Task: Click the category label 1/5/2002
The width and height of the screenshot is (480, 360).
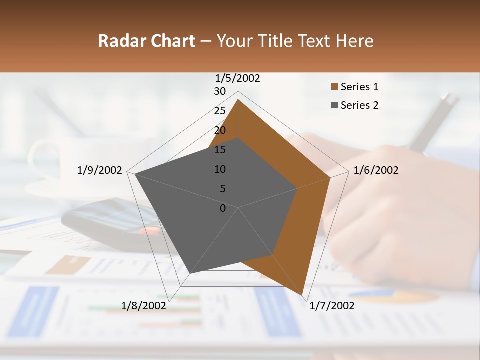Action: [x=238, y=78]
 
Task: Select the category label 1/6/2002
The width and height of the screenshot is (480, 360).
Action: [x=376, y=170]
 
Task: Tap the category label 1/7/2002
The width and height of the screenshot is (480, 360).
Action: [x=332, y=306]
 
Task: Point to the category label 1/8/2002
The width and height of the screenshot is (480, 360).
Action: [x=144, y=306]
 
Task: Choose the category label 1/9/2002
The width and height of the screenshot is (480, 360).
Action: [x=100, y=170]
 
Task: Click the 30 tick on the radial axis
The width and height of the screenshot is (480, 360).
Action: [x=220, y=91]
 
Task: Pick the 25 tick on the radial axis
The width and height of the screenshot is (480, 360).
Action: [x=220, y=111]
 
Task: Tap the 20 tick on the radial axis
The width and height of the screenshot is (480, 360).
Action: [x=220, y=130]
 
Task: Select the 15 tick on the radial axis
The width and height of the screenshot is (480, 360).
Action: [x=220, y=150]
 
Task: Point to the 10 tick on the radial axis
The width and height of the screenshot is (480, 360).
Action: [x=220, y=169]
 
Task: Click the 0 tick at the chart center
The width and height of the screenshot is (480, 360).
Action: [x=223, y=208]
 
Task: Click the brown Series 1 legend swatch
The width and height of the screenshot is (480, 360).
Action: [x=334, y=87]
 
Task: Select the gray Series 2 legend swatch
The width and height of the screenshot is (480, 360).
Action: [x=334, y=105]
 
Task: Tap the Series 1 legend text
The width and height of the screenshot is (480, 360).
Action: [x=359, y=87]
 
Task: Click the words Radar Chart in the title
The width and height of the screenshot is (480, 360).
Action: [x=146, y=41]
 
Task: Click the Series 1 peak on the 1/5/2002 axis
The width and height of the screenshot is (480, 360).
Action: [x=238, y=100]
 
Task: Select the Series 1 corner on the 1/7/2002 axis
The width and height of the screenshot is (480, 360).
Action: [x=302, y=295]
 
